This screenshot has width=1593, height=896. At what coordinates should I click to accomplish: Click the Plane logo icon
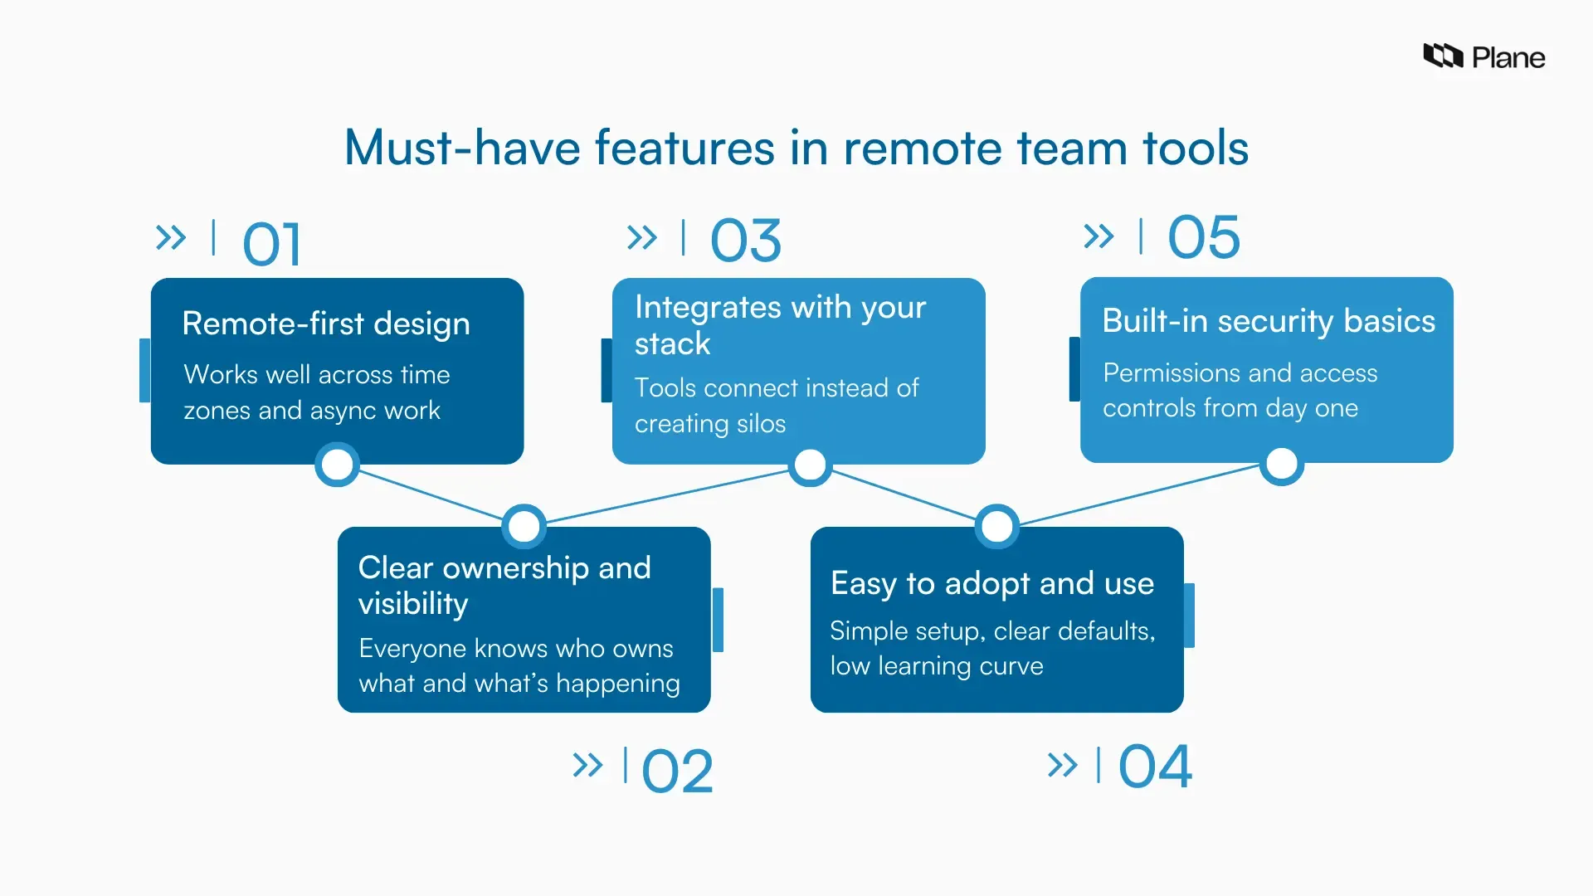[1443, 56]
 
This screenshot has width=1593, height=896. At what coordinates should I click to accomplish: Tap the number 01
[271, 245]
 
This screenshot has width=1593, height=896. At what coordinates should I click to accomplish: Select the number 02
[677, 772]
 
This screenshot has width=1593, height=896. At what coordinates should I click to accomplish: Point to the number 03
[745, 241]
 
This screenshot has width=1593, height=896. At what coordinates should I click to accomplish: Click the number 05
[1203, 237]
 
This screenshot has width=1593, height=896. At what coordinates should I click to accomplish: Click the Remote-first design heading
[326, 324]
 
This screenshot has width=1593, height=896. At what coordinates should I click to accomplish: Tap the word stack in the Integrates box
[672, 343]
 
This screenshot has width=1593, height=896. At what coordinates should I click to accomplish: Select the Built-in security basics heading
[1268, 321]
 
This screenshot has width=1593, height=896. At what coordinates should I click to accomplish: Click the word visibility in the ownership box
[413, 604]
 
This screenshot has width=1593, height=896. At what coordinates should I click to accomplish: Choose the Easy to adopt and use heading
[992, 583]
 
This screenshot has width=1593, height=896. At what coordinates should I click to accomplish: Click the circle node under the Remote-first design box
[337, 465]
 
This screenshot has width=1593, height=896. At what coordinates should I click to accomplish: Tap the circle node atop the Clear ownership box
[524, 526]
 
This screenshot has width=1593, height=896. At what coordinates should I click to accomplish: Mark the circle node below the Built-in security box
[1282, 465]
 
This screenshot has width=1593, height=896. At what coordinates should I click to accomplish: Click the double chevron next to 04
[1062, 765]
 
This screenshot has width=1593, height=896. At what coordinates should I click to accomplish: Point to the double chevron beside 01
[171, 238]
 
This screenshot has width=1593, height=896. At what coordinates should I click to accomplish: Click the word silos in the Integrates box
[761, 424]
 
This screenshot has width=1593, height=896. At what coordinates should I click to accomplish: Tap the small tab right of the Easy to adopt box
[1189, 616]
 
